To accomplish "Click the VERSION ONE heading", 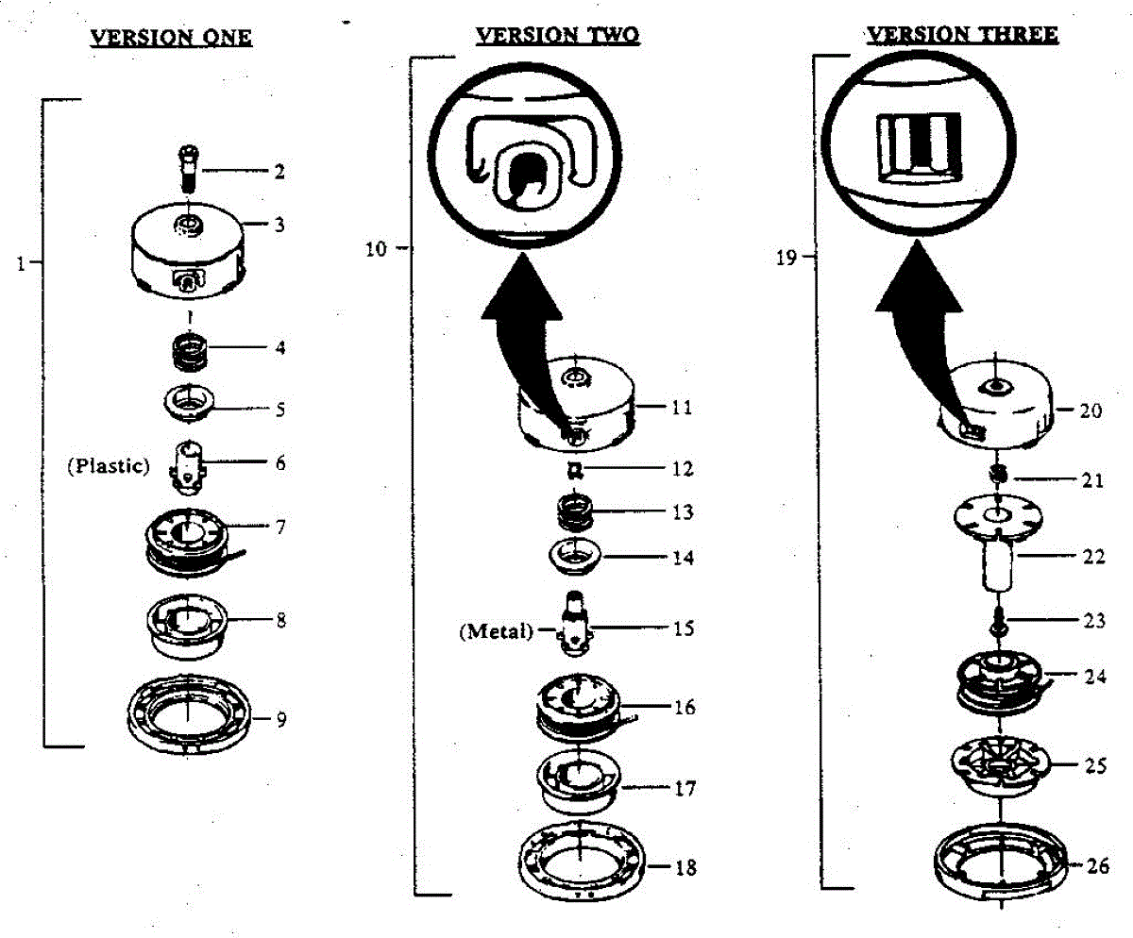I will tap(170, 39).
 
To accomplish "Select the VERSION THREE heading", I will tap(962, 35).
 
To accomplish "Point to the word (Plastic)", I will tap(108, 465).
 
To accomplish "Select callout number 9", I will tap(281, 720).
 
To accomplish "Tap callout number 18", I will tap(685, 867).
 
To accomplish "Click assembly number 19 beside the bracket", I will tap(786, 257).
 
